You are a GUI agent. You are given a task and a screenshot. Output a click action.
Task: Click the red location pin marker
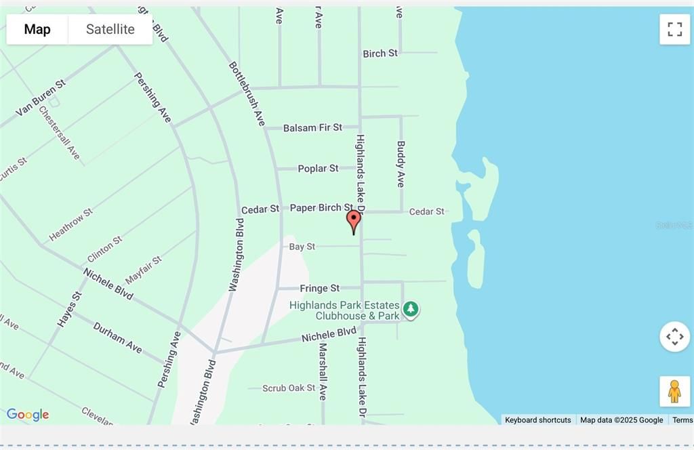tap(353, 220)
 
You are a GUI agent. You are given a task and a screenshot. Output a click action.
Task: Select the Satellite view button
tap(110, 29)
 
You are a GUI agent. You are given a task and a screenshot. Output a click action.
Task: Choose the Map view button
tap(37, 29)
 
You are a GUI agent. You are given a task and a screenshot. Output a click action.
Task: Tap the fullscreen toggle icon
tap(674, 29)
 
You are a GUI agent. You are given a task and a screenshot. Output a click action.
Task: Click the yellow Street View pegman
tap(674, 391)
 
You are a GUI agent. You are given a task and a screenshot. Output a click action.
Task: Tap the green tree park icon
tap(410, 310)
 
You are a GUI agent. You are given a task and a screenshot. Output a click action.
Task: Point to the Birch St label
tap(380, 54)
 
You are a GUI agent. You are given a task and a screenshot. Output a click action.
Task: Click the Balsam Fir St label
tap(312, 127)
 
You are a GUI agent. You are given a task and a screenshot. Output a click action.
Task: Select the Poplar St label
tap(318, 168)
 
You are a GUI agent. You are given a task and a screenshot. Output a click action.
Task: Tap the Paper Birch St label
tap(321, 207)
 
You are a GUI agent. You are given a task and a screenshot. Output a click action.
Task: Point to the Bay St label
tap(302, 247)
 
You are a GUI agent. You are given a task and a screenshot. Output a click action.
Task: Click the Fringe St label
tap(320, 288)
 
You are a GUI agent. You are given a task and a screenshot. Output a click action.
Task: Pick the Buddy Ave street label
tap(401, 164)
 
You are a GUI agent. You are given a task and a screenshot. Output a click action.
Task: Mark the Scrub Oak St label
tap(289, 388)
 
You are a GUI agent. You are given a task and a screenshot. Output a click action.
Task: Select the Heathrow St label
tap(70, 225)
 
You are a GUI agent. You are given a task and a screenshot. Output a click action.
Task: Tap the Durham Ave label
tap(117, 337)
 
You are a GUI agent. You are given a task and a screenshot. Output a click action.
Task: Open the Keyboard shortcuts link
tap(538, 420)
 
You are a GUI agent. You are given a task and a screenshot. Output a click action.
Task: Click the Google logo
tap(28, 415)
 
